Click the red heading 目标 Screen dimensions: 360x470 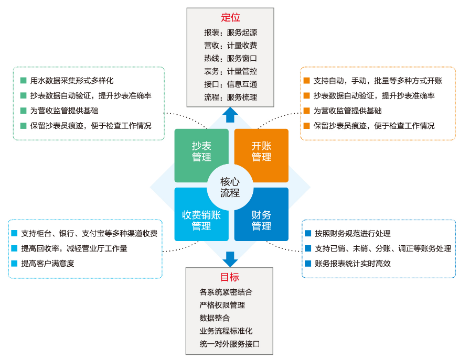click(229, 277)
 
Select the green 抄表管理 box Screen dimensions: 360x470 click(201, 152)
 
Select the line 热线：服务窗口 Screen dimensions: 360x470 click(230, 58)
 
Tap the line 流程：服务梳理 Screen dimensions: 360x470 click(230, 97)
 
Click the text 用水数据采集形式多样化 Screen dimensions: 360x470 click(72, 81)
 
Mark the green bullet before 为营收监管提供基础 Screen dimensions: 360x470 click(23, 111)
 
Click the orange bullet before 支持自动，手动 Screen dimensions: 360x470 click(306, 81)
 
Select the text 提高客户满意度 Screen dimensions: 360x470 click(48, 263)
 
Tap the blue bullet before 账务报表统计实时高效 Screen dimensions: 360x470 click(308, 264)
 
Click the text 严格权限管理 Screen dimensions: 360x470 click(222, 305)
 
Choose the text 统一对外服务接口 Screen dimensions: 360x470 click(230, 344)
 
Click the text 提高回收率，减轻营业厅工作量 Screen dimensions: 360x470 click(74, 248)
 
